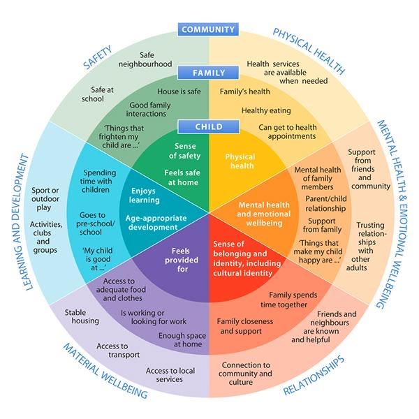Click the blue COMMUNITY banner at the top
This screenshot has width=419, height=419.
point(208,29)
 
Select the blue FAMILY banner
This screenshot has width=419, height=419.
point(209,72)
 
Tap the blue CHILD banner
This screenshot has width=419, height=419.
point(209,126)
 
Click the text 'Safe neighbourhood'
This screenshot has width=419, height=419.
point(146,59)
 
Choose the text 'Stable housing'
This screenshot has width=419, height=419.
point(82,316)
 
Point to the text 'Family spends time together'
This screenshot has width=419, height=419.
point(288,300)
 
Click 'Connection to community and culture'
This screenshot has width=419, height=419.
point(246,374)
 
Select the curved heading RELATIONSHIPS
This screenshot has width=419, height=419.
point(314,376)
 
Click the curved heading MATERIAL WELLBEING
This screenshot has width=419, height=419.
point(105,369)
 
